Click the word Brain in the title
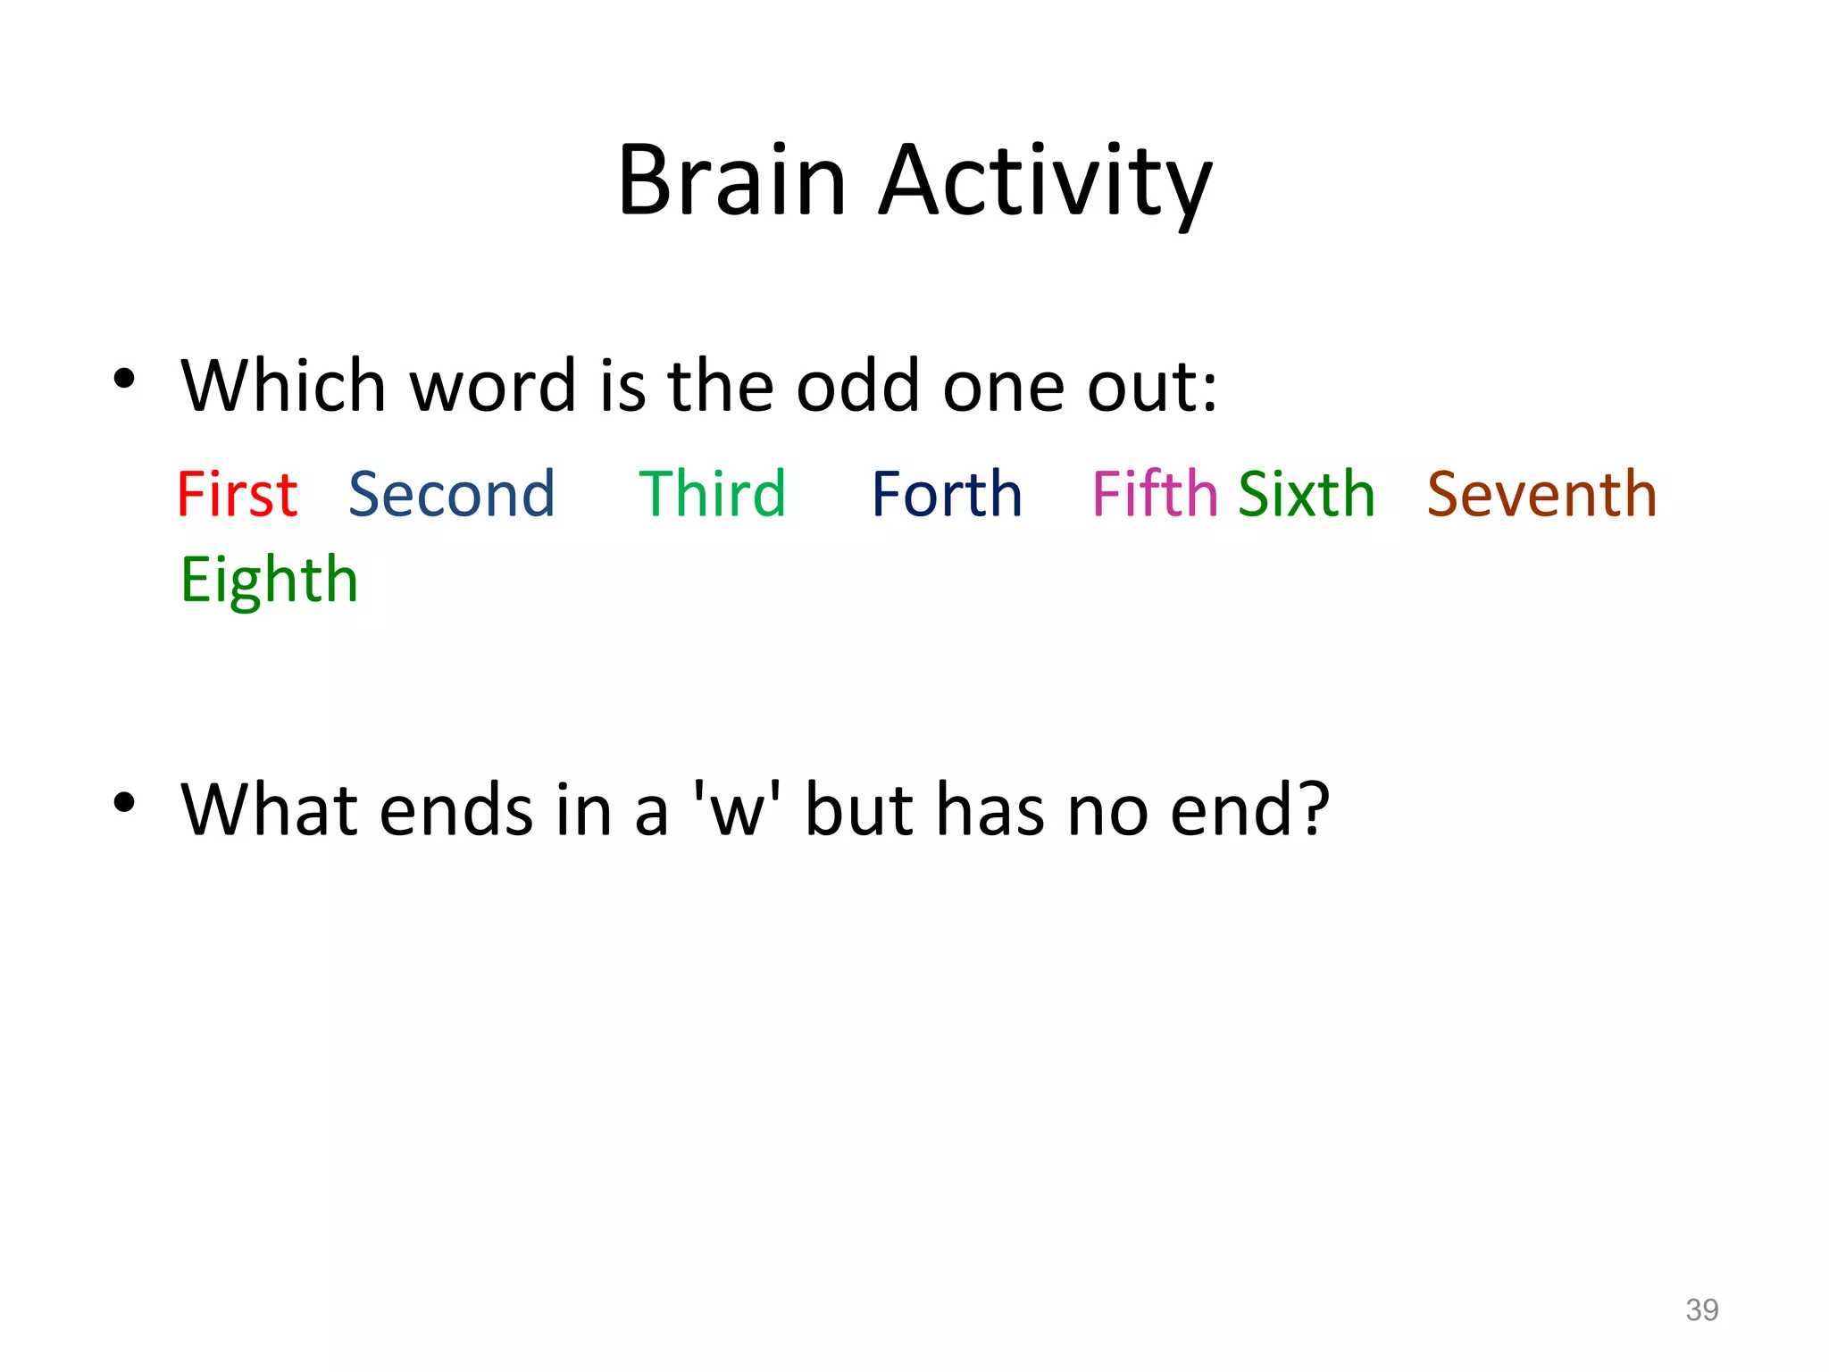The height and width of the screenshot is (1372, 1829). tap(731, 180)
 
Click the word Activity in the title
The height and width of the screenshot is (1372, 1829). tap(1045, 182)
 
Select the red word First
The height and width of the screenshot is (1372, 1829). tap(237, 494)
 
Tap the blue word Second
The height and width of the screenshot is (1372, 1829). tap(451, 494)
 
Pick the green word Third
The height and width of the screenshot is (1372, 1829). tap(712, 494)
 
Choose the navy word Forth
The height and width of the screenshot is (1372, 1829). tap(947, 494)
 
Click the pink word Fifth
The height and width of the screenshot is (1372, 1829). tap(1154, 494)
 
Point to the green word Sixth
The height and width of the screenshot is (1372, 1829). tap(1307, 494)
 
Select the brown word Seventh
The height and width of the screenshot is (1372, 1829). tap(1541, 494)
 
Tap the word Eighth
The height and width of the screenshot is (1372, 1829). tap(269, 581)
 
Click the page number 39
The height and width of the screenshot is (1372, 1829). tap(1701, 1309)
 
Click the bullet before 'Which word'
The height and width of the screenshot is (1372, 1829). tap(124, 379)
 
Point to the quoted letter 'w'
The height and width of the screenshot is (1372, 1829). tap(738, 810)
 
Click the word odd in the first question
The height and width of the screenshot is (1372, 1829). tap(857, 386)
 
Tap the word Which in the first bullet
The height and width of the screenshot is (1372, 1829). tap(283, 386)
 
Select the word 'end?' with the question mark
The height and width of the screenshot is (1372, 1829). tap(1249, 810)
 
